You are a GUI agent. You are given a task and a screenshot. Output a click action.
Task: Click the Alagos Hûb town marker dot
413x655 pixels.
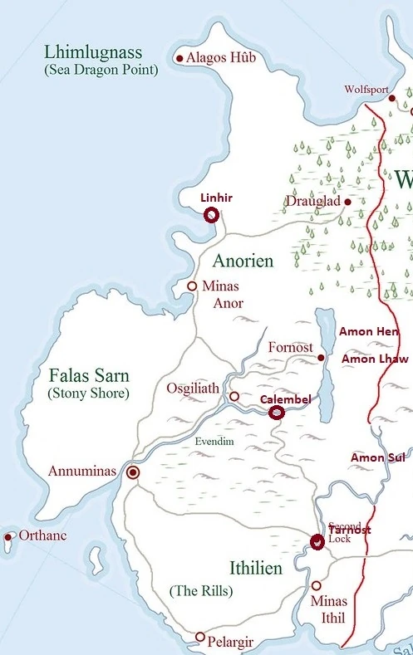(179, 58)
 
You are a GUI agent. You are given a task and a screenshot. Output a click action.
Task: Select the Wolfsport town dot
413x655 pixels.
(391, 98)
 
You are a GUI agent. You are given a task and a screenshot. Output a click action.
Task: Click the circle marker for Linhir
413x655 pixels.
(211, 215)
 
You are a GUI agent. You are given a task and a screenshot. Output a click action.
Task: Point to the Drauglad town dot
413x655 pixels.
(347, 202)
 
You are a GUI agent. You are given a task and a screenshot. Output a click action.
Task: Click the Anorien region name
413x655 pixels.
(243, 261)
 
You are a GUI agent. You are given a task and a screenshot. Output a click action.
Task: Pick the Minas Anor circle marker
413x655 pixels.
(192, 286)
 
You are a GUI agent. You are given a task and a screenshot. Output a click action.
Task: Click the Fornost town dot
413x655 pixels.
(321, 358)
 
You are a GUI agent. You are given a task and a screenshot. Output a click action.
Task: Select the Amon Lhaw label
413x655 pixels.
(375, 359)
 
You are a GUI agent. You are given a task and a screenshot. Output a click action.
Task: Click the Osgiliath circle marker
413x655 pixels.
(234, 397)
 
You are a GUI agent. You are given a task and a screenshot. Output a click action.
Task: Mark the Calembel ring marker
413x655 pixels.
(276, 413)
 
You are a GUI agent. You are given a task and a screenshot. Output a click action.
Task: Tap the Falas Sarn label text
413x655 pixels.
(86, 375)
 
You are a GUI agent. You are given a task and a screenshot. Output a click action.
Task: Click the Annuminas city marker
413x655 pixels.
(132, 472)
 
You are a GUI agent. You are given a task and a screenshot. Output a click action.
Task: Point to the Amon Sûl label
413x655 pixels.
(378, 458)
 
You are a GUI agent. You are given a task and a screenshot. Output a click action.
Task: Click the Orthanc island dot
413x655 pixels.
(8, 536)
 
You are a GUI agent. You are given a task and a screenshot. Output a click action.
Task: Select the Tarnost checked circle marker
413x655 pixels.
(317, 542)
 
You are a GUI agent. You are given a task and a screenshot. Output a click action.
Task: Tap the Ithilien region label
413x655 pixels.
(255, 569)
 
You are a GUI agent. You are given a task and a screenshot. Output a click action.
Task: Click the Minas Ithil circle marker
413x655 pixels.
(316, 585)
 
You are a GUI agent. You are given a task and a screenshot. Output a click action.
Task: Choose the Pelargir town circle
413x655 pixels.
(199, 637)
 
